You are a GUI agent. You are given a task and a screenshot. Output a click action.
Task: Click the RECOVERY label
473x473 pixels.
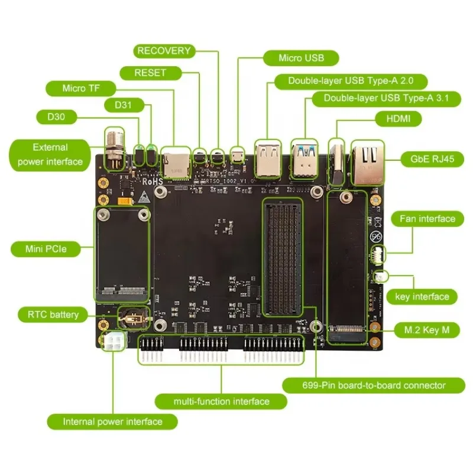[x=164, y=51]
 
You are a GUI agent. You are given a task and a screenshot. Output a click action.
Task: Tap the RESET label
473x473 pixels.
[x=150, y=73]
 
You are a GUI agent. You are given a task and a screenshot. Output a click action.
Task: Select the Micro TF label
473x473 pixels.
[x=81, y=89]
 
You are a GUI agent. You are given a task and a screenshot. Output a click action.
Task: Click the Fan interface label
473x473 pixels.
[x=427, y=219]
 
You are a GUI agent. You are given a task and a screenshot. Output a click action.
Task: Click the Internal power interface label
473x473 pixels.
[x=112, y=422]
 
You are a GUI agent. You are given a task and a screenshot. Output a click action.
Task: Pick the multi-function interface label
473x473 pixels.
[x=221, y=401]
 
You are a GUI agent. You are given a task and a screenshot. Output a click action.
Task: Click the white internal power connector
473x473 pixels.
[x=114, y=341]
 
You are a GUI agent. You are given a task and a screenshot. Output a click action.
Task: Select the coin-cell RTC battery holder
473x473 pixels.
[x=132, y=318]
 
